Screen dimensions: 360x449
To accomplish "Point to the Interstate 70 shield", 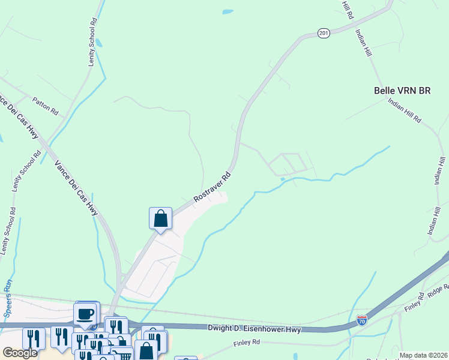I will pos(361,320).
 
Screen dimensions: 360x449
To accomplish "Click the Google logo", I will pos(20,353).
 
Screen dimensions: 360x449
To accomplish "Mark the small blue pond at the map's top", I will pos(228,11).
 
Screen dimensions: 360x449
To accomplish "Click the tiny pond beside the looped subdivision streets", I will pos(282,179).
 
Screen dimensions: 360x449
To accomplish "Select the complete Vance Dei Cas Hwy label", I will pos(76,188).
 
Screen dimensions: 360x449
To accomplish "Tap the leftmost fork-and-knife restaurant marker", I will pos(33,338).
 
